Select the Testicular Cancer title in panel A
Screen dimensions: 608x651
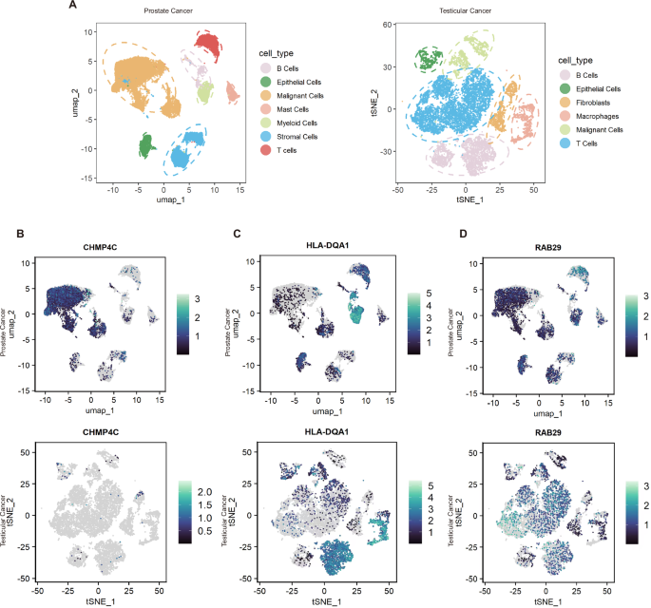(458, 12)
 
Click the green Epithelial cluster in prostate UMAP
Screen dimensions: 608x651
(147, 146)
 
